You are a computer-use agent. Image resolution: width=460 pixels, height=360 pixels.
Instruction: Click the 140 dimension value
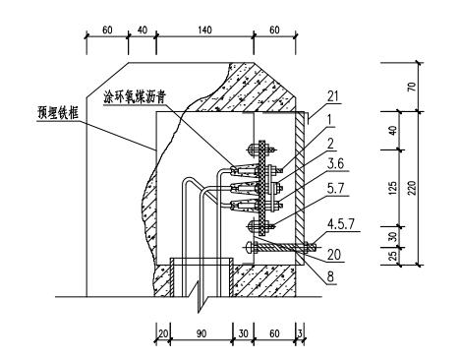204,30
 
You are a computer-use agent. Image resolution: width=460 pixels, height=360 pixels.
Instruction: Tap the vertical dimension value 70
412,87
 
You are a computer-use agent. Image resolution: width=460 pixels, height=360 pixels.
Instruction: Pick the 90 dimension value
201,333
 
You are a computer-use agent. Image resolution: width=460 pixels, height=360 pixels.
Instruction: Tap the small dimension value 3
300,333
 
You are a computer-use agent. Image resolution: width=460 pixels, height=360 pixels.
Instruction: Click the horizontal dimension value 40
142,30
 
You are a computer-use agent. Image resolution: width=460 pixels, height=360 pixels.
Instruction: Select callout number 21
332,96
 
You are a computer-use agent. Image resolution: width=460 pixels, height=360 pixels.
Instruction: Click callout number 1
330,120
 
